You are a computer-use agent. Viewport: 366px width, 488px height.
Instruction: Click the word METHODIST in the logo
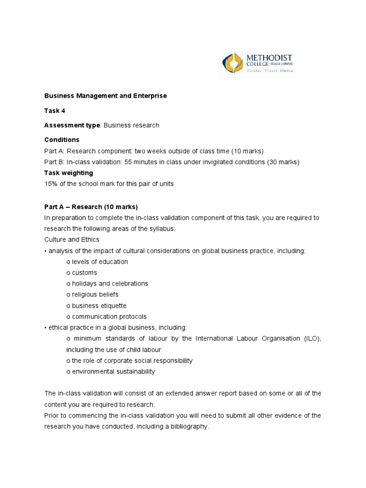269,57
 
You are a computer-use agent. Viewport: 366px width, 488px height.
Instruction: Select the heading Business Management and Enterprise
105,96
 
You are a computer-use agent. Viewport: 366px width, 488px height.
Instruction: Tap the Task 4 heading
55,111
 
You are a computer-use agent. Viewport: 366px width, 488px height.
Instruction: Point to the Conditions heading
62,140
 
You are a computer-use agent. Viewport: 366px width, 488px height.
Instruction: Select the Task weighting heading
69,173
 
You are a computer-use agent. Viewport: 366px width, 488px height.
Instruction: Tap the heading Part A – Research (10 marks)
91,207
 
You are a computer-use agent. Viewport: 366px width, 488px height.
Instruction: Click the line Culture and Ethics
72,240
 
